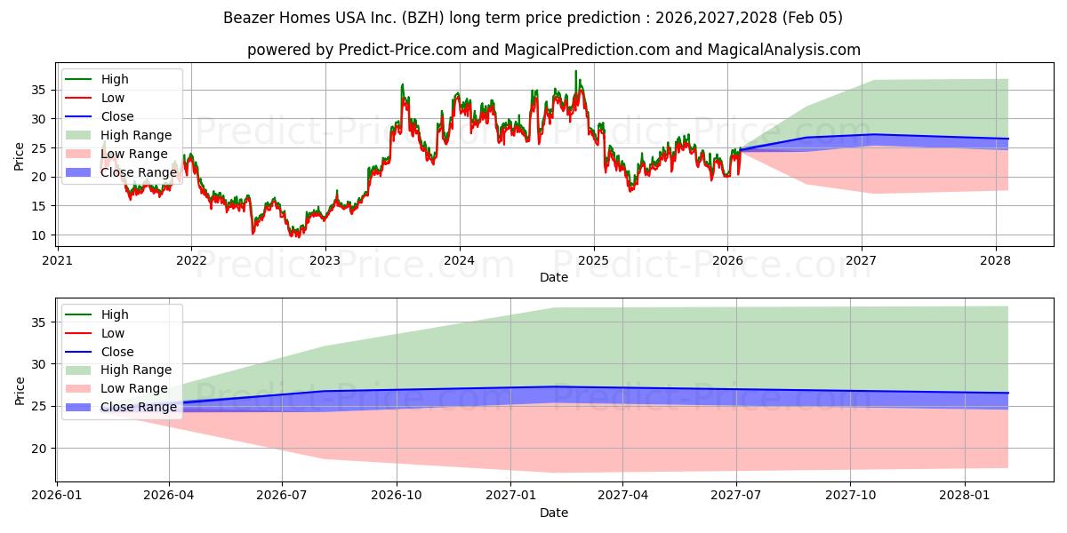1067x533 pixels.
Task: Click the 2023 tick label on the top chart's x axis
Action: (x=325, y=260)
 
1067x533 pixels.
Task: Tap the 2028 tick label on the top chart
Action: (x=995, y=260)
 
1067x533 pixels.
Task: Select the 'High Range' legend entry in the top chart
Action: (x=136, y=135)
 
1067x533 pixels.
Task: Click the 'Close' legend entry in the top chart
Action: (x=117, y=116)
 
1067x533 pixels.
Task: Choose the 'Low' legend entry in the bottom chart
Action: (x=113, y=333)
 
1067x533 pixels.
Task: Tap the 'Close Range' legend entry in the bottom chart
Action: (x=139, y=407)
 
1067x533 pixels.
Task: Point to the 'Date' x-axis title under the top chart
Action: (x=554, y=277)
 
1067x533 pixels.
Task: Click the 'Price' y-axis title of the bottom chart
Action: (x=20, y=390)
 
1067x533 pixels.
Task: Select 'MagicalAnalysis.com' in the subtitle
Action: (x=783, y=50)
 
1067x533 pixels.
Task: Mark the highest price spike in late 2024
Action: (x=575, y=71)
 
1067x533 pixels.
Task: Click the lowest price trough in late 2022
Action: (x=297, y=236)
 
